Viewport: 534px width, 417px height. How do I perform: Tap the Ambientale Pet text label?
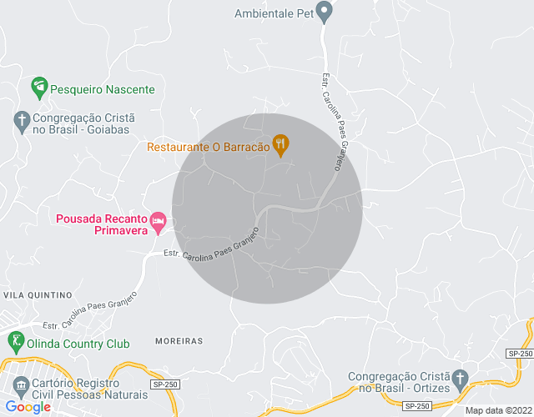[x=273, y=13]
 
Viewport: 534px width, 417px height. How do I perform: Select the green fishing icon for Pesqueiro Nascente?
[x=38, y=86]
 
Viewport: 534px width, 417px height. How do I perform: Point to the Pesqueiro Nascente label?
[x=103, y=89]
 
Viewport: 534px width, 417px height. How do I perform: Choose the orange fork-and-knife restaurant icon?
[x=281, y=144]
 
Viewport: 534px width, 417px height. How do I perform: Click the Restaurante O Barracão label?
[x=209, y=147]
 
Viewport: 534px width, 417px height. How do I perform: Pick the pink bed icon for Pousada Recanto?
[x=158, y=222]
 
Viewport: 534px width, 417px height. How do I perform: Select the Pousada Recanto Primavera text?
[x=99, y=225]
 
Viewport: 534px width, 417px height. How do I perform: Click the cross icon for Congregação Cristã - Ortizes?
[x=459, y=380]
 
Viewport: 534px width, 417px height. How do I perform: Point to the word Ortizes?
[x=427, y=388]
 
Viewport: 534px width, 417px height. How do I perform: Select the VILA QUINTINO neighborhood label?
[x=38, y=295]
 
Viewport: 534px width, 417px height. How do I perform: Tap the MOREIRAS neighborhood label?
[x=179, y=341]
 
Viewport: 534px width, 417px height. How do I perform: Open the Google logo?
[x=28, y=407]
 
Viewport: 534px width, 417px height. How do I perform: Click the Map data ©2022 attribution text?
[x=497, y=409]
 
